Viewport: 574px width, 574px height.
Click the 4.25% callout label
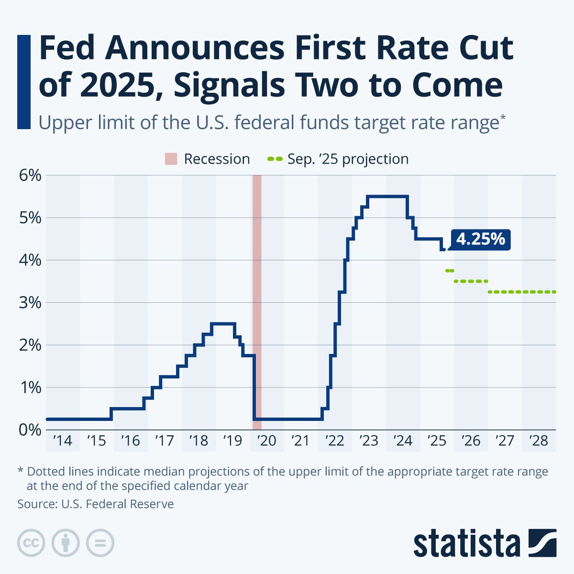click(x=480, y=239)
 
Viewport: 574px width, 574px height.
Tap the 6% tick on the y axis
click(x=30, y=176)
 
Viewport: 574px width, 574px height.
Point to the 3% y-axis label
click(x=30, y=303)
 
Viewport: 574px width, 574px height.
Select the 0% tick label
click(x=30, y=430)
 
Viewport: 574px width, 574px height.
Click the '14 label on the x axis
click(x=62, y=441)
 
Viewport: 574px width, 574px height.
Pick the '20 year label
click(x=266, y=441)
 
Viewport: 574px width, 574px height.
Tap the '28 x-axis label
click(x=539, y=441)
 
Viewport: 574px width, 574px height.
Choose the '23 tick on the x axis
click(x=368, y=441)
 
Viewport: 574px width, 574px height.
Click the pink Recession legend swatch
click(x=171, y=159)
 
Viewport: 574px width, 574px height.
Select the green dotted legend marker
click(x=275, y=159)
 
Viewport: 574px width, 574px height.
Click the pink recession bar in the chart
click(x=257, y=297)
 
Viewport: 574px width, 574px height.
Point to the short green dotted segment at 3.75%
click(x=449, y=271)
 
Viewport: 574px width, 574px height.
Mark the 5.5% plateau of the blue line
click(x=387, y=196)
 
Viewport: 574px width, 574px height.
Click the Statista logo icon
click(x=542, y=543)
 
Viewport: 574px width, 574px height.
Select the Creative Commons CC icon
click(x=31, y=543)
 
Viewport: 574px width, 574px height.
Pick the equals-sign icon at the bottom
click(x=100, y=543)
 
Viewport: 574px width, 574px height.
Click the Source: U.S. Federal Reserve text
click(x=96, y=504)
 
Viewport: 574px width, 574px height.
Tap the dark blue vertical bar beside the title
click(x=23, y=81)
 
